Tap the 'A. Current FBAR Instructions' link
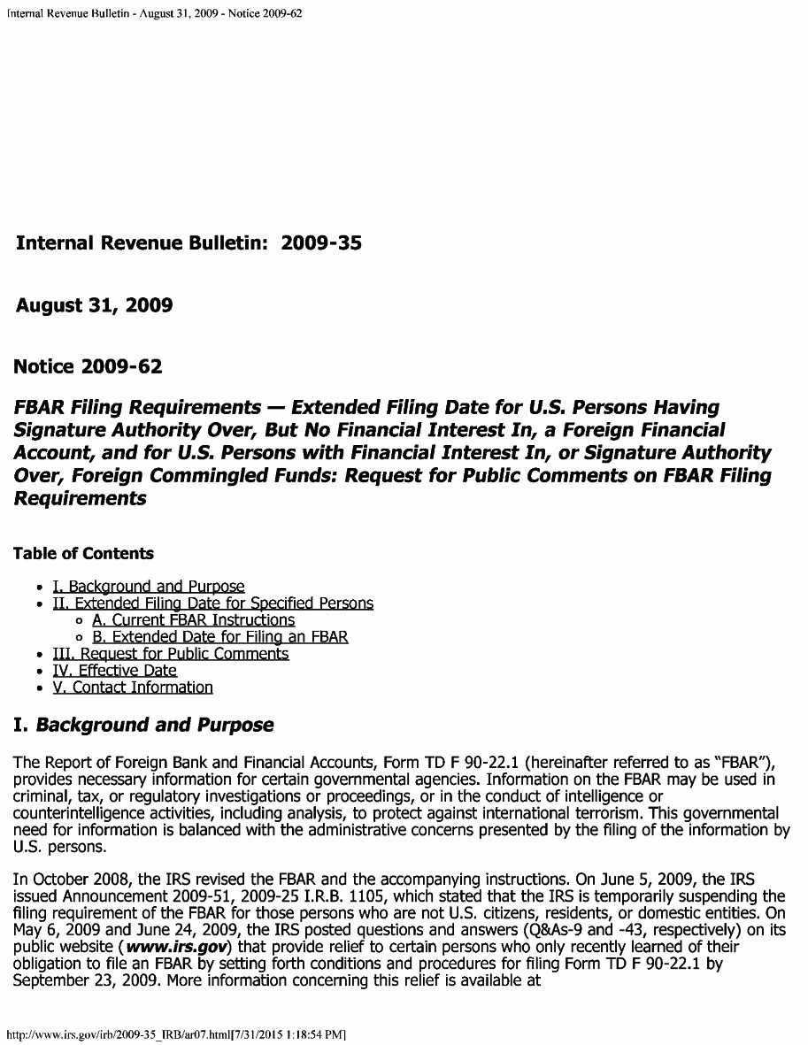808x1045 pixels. tap(193, 620)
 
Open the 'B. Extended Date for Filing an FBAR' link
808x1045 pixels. tap(219, 637)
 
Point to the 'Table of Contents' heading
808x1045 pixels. tap(83, 554)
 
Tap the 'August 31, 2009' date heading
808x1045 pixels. tap(94, 306)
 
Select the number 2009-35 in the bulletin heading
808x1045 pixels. tap(321, 243)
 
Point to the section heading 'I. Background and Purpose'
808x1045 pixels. tap(143, 726)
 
